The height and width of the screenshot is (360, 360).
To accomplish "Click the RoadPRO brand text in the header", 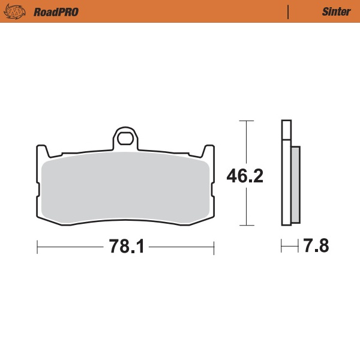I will click(56, 11).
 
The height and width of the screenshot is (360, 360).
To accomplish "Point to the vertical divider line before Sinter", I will click(289, 11).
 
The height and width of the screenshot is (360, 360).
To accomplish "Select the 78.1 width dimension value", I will click(126, 247).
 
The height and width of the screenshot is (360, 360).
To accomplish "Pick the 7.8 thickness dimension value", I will click(316, 247).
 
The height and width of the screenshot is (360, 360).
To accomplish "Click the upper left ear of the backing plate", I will click(42, 151).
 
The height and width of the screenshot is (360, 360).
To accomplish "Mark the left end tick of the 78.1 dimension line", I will click(38, 247).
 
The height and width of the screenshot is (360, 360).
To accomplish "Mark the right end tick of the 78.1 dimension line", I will click(214, 247).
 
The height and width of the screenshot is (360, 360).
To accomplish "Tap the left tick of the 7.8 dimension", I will click(281, 247).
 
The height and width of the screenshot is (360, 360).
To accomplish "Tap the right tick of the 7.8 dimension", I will click(299, 247).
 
